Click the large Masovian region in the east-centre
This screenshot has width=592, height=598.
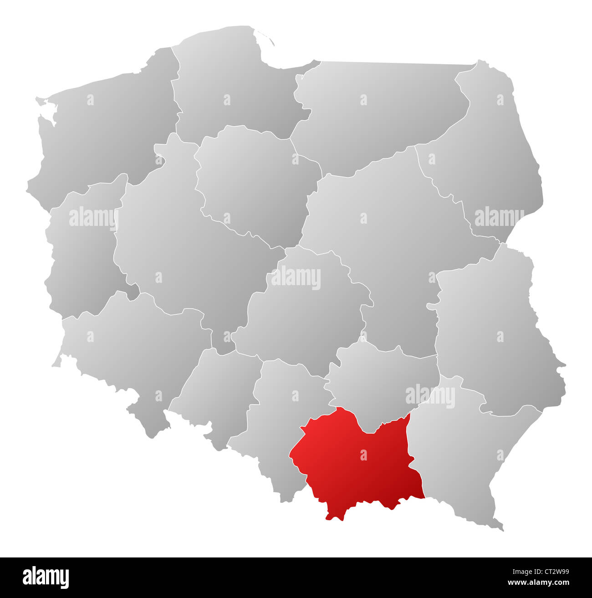(387, 237)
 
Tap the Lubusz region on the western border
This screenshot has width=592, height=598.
(82, 255)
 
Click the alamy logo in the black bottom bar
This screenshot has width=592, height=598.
(46, 577)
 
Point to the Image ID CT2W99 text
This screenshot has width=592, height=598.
(553, 571)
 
